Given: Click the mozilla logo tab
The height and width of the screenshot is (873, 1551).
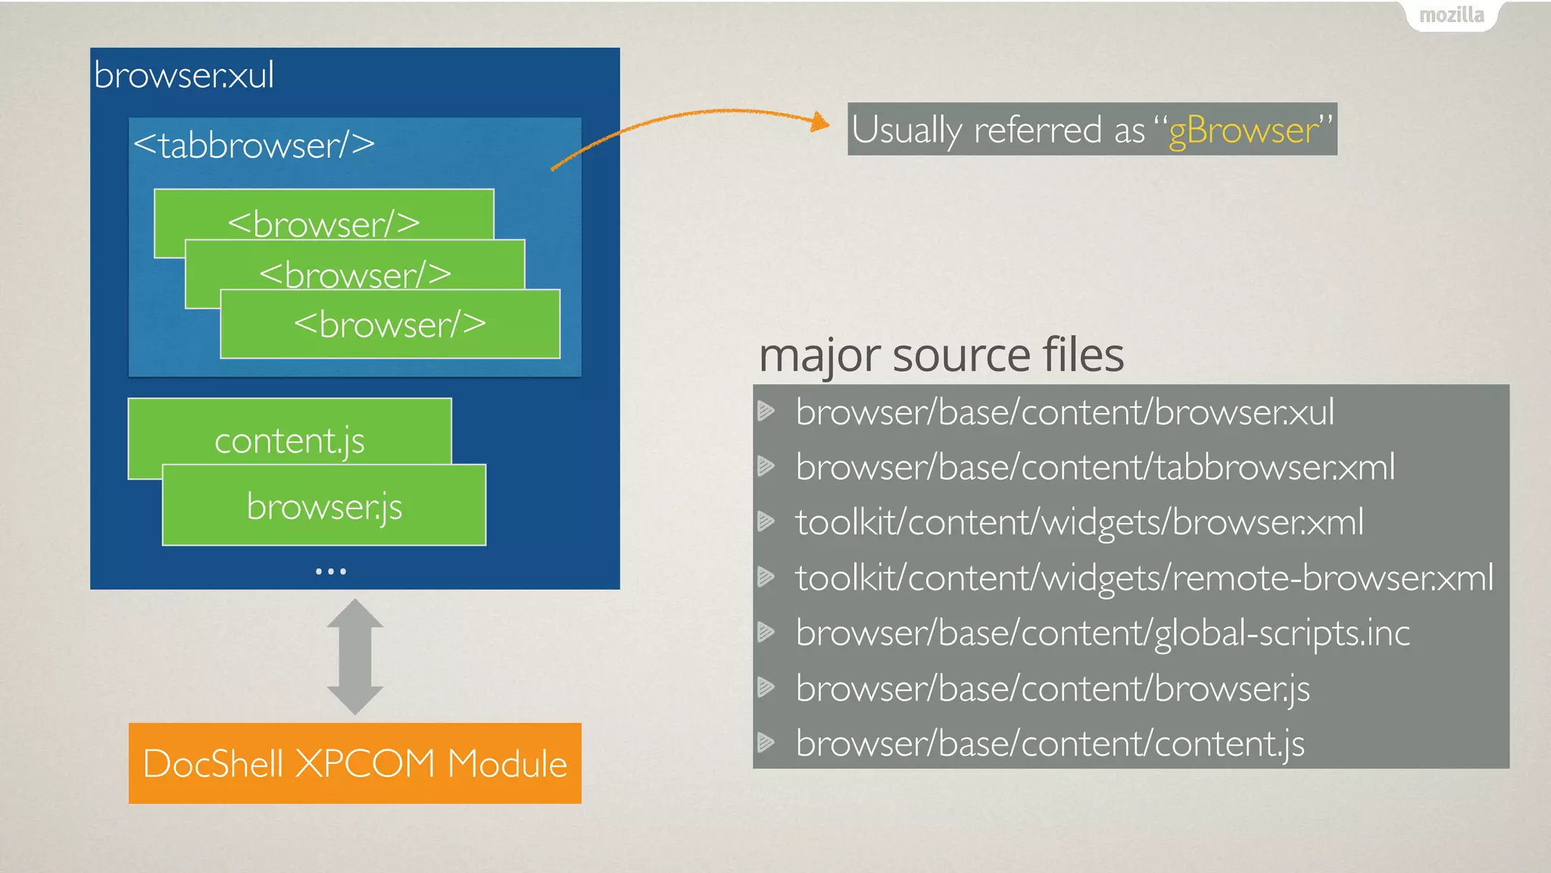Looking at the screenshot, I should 1451,15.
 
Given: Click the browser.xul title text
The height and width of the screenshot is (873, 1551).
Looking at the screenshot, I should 184,75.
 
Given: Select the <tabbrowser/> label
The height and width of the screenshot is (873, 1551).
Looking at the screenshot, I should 254,145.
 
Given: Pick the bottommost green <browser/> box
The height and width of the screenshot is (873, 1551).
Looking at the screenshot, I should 390,324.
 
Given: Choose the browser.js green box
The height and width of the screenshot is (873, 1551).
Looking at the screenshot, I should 324,505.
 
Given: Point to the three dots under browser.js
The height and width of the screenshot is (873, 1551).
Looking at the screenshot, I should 331,571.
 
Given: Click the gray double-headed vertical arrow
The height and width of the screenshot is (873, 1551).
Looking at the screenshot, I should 355,656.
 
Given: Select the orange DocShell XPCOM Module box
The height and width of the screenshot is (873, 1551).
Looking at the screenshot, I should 355,763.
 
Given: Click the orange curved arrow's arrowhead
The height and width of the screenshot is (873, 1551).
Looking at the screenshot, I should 819,122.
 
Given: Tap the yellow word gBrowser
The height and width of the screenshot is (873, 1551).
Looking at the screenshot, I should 1243,130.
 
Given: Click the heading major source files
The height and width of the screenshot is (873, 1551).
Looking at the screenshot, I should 941,355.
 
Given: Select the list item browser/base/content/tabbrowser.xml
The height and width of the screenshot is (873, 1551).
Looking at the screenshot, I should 1095,467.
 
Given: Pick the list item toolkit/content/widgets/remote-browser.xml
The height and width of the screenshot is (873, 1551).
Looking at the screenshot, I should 1144,577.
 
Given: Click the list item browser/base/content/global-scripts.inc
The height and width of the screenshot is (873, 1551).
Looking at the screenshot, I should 1103,633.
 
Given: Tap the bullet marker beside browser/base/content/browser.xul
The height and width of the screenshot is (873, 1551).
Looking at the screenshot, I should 766,411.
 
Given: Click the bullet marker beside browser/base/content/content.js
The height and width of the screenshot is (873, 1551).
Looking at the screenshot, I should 766,743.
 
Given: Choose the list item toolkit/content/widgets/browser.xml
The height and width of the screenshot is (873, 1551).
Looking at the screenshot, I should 1079,522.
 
